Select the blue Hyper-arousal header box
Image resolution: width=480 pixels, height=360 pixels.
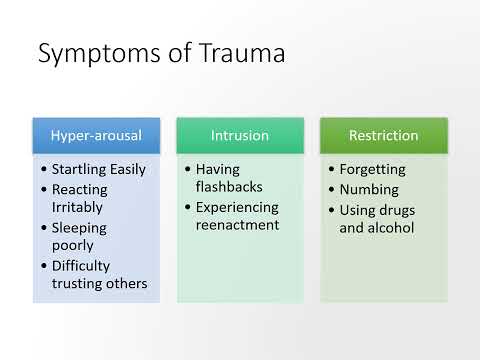point(96,135)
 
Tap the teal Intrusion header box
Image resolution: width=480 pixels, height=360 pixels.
point(240,135)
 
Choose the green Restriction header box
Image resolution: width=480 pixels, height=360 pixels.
point(383,135)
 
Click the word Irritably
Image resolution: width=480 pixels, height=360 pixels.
point(80,208)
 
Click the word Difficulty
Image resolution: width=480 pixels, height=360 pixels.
point(82,265)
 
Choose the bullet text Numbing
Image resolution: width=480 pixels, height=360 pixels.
point(370,189)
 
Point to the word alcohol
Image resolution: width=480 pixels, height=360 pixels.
point(396,227)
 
